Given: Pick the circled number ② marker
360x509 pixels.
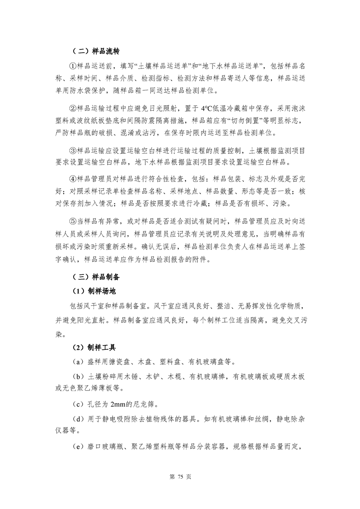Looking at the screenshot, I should tap(73, 108).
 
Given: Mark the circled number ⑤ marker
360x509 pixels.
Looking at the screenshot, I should tap(73, 221).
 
